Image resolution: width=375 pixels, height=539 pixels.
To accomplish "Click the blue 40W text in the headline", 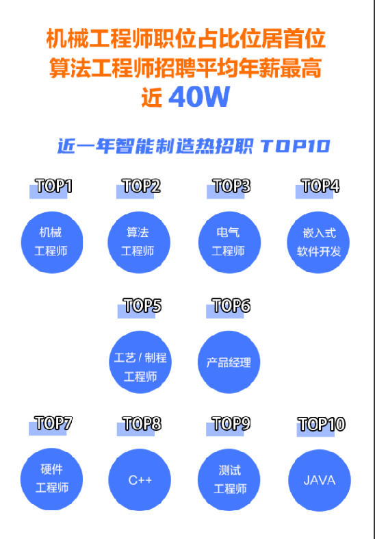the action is [x=199, y=97].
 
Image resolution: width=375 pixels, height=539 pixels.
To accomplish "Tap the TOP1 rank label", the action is [x=54, y=186].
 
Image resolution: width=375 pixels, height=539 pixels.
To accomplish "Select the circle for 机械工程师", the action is [x=52, y=242].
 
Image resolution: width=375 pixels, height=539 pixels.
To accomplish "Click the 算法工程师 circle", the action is [x=139, y=242].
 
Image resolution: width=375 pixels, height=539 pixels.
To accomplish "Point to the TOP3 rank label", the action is [x=232, y=186].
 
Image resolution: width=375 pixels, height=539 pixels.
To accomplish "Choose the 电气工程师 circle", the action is [x=229, y=242].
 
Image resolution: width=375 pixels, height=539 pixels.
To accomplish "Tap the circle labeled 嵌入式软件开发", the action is [x=318, y=242].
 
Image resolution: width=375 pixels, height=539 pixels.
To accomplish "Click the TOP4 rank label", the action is [x=321, y=186].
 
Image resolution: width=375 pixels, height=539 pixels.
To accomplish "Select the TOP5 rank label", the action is [x=142, y=305].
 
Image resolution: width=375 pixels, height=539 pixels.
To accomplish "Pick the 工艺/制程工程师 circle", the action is [x=140, y=362].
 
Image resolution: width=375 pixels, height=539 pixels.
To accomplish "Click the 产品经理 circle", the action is [x=229, y=362].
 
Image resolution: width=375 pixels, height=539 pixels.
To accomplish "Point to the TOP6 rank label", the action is [x=231, y=305].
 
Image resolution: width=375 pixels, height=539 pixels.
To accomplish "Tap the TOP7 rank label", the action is [x=53, y=423].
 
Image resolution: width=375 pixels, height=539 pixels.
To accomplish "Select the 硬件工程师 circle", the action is [x=51, y=479].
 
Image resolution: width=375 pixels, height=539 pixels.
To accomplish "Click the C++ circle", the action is [x=140, y=480].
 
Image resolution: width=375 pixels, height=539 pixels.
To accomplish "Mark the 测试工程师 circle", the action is [x=229, y=480].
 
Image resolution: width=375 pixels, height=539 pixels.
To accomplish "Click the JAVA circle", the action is [x=320, y=480].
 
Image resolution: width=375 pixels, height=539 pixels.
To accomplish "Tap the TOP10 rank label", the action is [x=322, y=424].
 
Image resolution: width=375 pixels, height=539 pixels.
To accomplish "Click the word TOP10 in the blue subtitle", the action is [x=296, y=147].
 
